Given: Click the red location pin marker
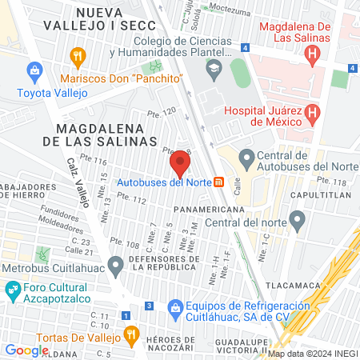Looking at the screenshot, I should [x=180, y=165].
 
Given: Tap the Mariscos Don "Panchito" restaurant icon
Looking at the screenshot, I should [x=78, y=56].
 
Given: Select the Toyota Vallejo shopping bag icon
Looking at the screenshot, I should [x=34, y=73].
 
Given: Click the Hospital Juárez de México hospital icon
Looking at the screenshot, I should [x=313, y=113].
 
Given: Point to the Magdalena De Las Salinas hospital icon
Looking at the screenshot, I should [x=313, y=55].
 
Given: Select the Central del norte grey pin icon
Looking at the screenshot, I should [x=298, y=218].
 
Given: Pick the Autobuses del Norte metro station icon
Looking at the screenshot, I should [x=218, y=182].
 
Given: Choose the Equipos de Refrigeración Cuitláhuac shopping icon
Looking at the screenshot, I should [x=174, y=306].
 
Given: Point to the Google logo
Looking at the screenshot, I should [x=26, y=350].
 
